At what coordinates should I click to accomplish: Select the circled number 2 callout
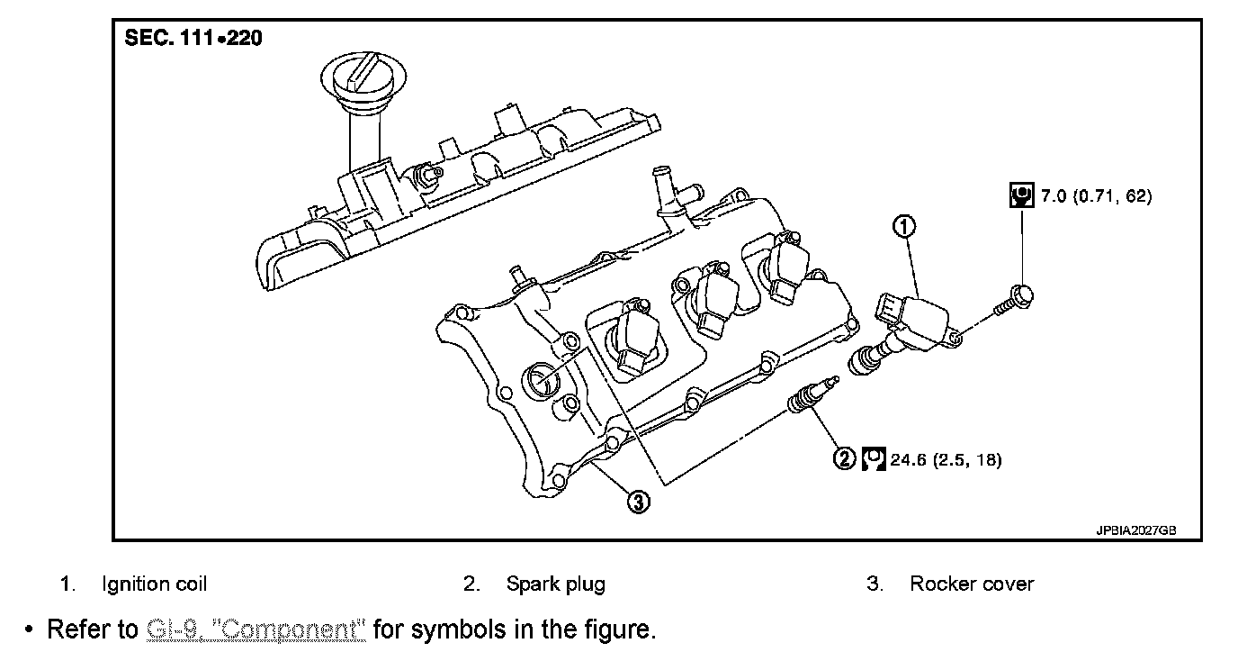click(x=843, y=459)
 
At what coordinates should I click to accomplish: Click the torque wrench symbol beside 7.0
click(x=1020, y=195)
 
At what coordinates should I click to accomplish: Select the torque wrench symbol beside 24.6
click(x=873, y=459)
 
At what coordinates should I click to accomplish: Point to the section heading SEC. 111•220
click(x=193, y=40)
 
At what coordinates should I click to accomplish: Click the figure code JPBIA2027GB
click(x=1135, y=530)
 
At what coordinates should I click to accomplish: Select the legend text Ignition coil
click(x=154, y=584)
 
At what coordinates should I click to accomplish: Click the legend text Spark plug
click(x=555, y=584)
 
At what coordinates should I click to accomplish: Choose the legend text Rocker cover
click(x=972, y=584)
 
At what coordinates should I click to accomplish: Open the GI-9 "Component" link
click(x=256, y=629)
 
